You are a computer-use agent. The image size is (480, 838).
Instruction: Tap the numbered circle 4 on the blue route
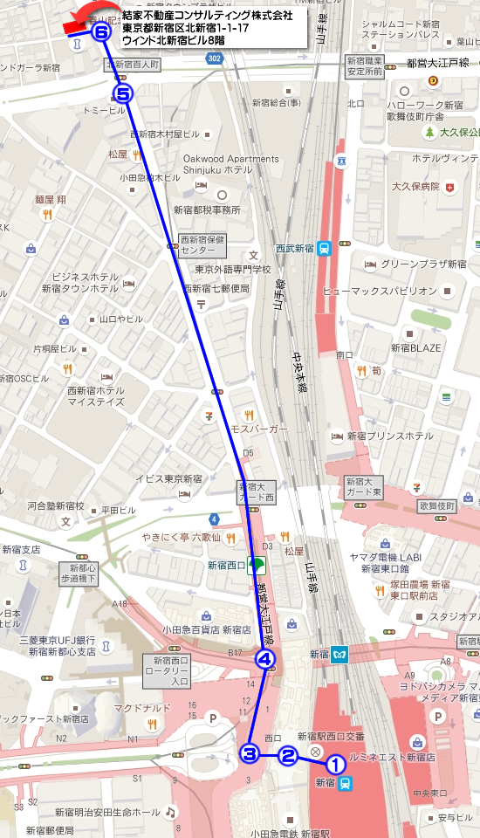point(266,660)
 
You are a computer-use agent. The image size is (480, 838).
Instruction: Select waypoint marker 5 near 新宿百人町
point(123,93)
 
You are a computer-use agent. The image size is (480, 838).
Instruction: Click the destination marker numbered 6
point(101,33)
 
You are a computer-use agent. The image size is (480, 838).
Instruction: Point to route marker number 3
point(250,753)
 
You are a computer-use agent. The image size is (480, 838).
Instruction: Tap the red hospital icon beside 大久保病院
point(449,187)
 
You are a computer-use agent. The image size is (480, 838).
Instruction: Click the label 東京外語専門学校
point(232,270)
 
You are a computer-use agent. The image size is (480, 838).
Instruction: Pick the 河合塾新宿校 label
point(55,505)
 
